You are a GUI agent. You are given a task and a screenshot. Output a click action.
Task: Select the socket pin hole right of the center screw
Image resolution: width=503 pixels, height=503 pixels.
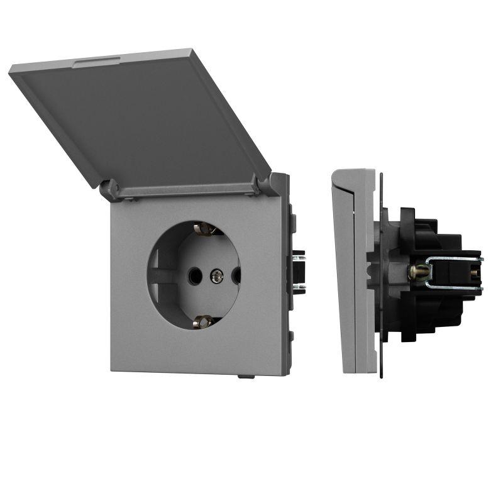[x=236, y=275]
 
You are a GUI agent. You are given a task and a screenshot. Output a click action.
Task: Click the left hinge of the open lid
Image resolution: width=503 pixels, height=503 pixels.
[x=110, y=188]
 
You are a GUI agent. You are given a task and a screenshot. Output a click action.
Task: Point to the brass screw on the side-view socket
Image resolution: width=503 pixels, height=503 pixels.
[x=416, y=272]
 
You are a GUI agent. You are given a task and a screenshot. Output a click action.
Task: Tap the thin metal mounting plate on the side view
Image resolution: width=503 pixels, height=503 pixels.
[x=381, y=277]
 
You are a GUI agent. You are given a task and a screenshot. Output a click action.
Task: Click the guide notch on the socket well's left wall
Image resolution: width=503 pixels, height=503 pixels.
[x=162, y=275]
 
